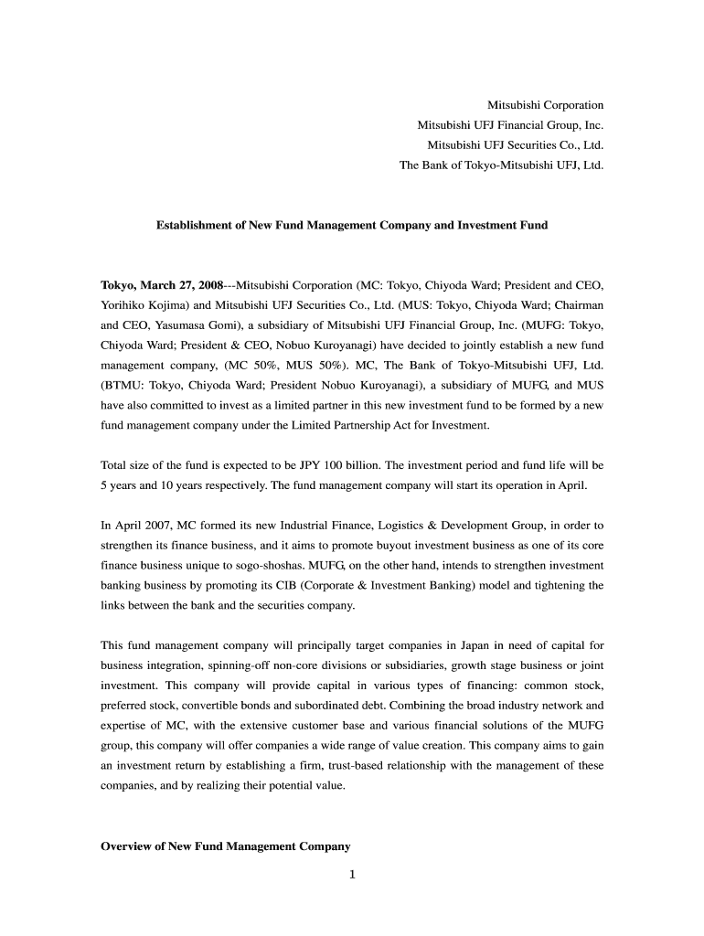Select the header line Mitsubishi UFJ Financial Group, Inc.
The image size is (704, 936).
510,125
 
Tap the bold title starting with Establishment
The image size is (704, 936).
352,224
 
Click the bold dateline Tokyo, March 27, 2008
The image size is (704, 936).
161,284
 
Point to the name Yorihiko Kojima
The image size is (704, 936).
141,304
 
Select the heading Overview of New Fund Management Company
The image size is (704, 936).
225,846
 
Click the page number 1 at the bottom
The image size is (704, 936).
352,875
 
